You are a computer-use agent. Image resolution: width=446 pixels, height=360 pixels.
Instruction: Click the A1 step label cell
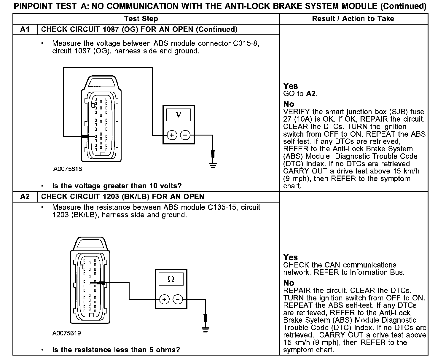pyautogui.click(x=25, y=29)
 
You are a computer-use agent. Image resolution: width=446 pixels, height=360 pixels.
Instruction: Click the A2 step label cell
pyautogui.click(x=25, y=197)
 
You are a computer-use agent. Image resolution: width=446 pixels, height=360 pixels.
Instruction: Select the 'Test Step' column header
pyautogui.click(x=141, y=19)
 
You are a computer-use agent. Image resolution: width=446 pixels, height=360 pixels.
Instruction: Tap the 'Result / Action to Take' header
pyautogui.click(x=353, y=19)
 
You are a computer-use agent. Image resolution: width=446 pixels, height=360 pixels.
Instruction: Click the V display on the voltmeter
pyautogui.click(x=178, y=114)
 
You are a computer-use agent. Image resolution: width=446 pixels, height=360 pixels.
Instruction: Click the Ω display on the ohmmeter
pyautogui.click(x=171, y=279)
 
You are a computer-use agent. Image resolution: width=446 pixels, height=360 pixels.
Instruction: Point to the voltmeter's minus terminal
pyautogui.click(x=185, y=136)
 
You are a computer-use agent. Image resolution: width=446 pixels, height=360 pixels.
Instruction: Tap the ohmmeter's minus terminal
pyautogui.click(x=178, y=300)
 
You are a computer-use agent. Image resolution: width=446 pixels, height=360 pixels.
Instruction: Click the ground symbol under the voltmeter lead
pyautogui.click(x=213, y=165)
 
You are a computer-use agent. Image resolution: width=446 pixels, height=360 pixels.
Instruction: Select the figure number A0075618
pyautogui.click(x=67, y=169)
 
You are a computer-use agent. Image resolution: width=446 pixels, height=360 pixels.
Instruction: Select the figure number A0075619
pyautogui.click(x=67, y=333)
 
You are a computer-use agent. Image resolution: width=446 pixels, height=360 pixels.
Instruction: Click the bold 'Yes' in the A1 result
pyautogui.click(x=290, y=86)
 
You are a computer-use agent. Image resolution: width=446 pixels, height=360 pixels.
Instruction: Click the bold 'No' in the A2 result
pyautogui.click(x=289, y=283)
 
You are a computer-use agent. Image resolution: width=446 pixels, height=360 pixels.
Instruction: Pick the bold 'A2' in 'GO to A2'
pyautogui.click(x=311, y=94)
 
